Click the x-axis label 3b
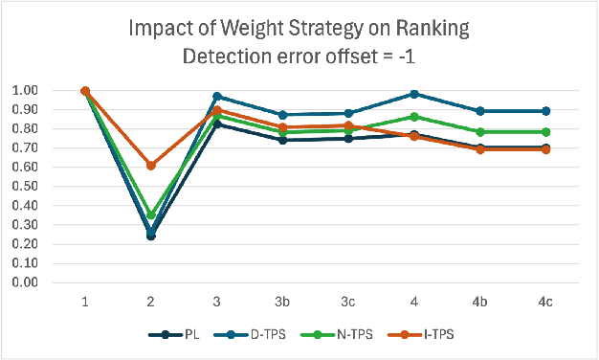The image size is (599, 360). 281,302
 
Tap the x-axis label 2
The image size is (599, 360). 150,302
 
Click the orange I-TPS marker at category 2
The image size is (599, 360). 150,166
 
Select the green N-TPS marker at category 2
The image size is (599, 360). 150,216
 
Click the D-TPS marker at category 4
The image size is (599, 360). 414,94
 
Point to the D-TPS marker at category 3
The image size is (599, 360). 216,97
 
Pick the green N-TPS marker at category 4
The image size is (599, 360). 414,117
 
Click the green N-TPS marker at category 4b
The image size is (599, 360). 479,132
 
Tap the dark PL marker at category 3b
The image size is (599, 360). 282,140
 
